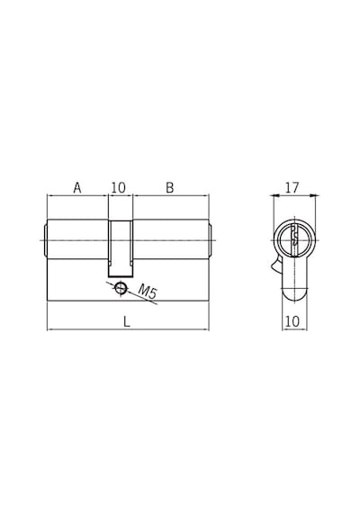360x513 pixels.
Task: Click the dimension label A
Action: click(77, 188)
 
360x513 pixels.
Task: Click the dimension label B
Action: click(169, 188)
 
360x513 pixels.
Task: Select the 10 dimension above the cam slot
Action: click(118, 188)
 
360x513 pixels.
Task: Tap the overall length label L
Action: click(127, 322)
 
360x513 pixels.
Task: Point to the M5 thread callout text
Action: click(147, 292)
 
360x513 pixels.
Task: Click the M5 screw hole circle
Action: click(121, 288)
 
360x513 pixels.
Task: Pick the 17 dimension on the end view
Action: click(292, 188)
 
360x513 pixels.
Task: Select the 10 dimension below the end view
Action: click(292, 321)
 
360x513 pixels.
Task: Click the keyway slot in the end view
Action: click(294, 235)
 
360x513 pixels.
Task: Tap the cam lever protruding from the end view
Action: click(276, 265)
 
